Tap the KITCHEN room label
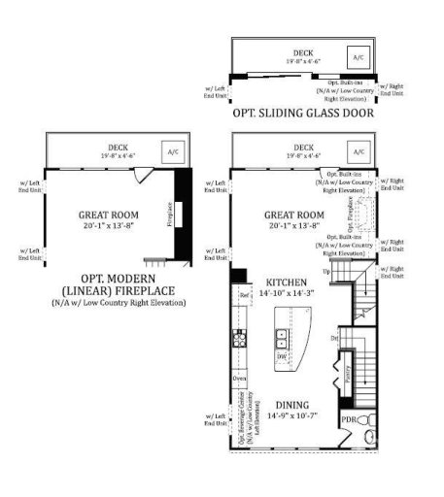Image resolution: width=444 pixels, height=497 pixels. click(276, 280)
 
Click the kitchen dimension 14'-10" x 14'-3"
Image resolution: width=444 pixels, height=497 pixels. click(276, 291)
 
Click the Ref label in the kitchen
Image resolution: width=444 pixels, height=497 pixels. click(246, 294)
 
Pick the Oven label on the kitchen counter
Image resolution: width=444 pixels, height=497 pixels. click(239, 377)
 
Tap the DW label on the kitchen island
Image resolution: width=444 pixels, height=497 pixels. click(283, 356)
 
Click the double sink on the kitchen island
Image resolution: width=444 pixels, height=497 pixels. click(283, 339)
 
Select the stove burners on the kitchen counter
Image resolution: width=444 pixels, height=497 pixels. click(237, 339)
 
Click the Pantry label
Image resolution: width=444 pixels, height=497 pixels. click(347, 374)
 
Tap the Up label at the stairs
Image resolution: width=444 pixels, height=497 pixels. click(340, 273)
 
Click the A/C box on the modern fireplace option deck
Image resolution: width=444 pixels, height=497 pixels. click(173, 152)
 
